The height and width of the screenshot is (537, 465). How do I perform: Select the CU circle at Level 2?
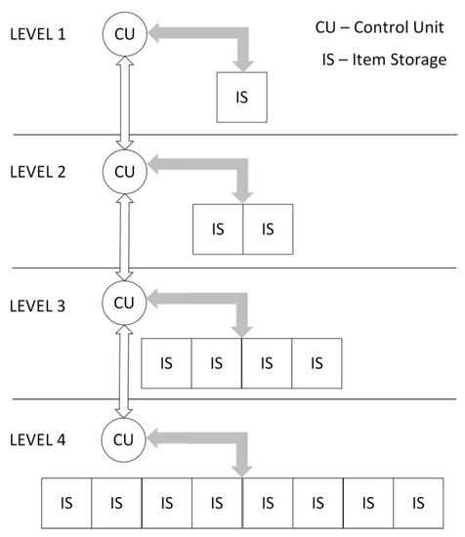click(x=124, y=172)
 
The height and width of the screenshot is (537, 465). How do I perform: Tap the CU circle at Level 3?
click(x=124, y=302)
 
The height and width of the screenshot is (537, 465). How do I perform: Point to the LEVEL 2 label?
click(x=37, y=172)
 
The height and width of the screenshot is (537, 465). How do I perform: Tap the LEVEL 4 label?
click(x=37, y=438)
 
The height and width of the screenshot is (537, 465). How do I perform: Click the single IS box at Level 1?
click(x=240, y=99)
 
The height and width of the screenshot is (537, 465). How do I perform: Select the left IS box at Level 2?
click(x=218, y=229)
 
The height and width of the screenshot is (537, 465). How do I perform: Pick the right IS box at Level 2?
click(x=268, y=229)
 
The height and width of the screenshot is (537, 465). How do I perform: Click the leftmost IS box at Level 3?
click(x=167, y=363)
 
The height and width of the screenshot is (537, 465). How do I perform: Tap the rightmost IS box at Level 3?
click(x=317, y=363)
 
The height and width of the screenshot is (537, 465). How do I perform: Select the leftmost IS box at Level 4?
click(x=65, y=503)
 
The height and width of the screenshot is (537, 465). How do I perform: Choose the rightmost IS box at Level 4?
click(x=418, y=503)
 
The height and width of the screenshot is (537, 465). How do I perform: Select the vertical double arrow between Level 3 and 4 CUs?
click(x=124, y=369)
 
